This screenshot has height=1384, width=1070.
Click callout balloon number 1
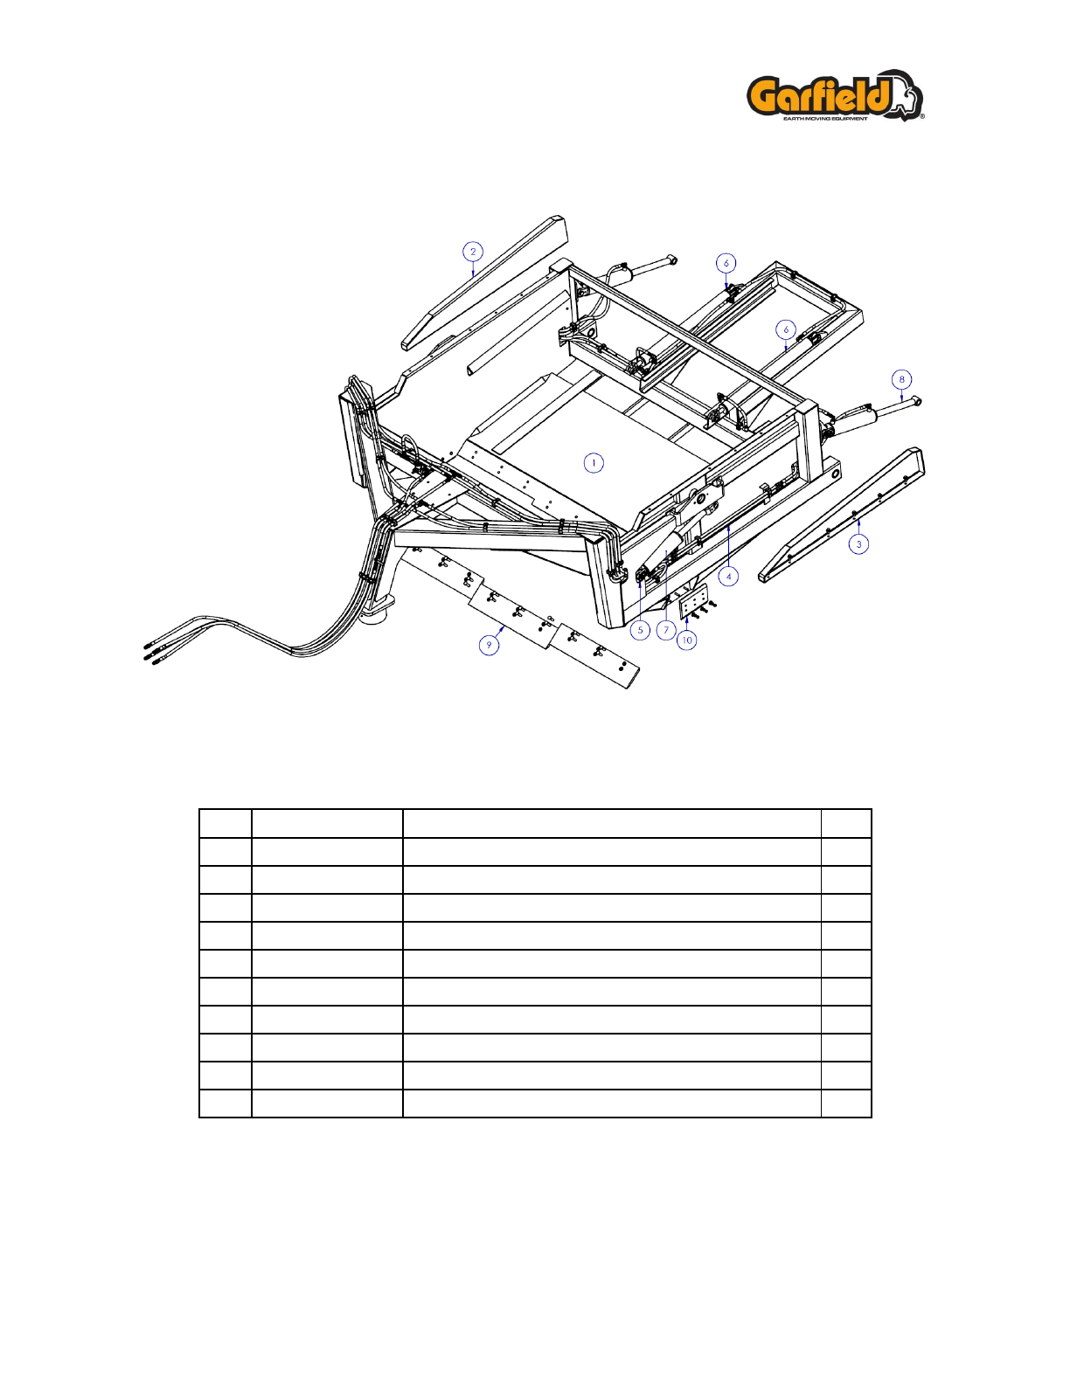tap(594, 463)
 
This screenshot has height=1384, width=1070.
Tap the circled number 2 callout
tap(472, 252)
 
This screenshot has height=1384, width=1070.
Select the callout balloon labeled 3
tap(858, 544)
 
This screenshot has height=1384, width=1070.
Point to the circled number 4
tap(728, 577)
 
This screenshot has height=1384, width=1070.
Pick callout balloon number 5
tap(640, 630)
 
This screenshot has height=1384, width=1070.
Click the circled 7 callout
tap(666, 630)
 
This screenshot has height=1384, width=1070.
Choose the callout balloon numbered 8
tap(901, 379)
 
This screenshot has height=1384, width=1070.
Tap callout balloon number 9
tap(489, 645)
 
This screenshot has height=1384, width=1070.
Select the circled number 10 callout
tap(686, 640)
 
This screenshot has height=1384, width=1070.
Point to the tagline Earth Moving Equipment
tap(824, 118)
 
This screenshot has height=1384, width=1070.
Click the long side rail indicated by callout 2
tap(484, 282)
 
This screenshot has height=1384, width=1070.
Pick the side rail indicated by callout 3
tap(841, 515)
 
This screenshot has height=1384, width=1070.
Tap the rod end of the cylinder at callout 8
tap(916, 401)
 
